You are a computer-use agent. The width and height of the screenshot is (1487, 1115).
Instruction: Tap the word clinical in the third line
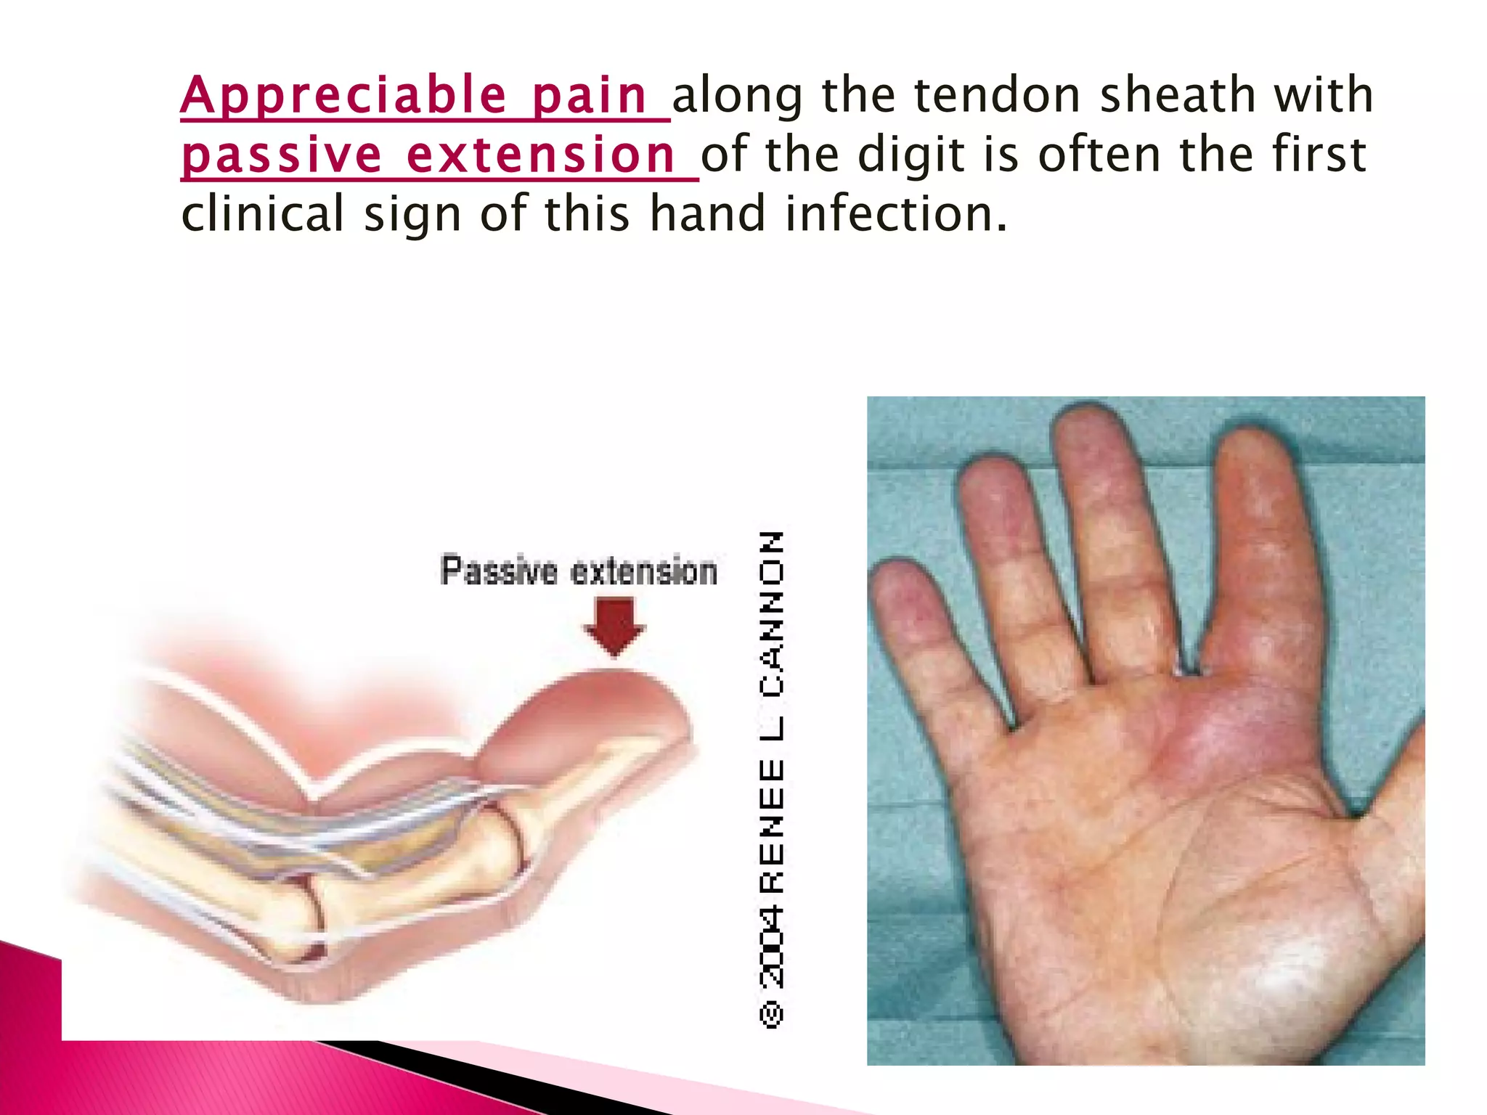(x=262, y=214)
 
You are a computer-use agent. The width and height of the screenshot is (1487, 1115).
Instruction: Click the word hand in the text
(x=707, y=214)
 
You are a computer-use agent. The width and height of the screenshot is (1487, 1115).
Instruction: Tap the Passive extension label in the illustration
(x=579, y=571)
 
